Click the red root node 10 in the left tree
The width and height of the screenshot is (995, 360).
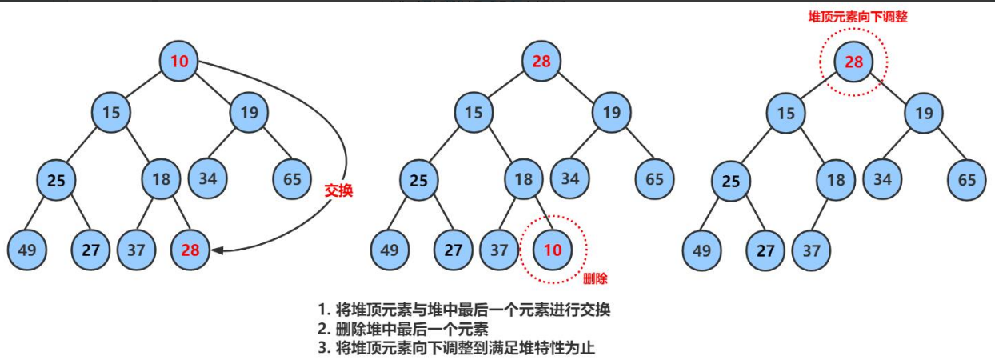pos(180,60)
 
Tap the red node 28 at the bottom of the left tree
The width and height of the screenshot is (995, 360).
pos(190,250)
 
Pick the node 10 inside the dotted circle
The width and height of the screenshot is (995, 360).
pos(553,250)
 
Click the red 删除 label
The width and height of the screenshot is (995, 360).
pos(595,278)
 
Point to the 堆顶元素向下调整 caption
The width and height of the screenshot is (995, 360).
pos(857,16)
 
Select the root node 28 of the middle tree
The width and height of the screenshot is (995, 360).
pos(543,60)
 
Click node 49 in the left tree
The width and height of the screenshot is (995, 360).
pos(26,250)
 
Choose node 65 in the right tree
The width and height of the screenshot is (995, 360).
pos(966,179)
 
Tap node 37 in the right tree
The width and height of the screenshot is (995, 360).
pos(811,250)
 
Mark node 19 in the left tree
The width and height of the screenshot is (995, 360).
pos(250,113)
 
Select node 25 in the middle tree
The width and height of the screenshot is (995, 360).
pos(418,179)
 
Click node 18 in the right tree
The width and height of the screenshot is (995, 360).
pos(835,179)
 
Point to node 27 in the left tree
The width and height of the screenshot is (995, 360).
pos(90,250)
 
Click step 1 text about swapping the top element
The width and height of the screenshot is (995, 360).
pos(468,310)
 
